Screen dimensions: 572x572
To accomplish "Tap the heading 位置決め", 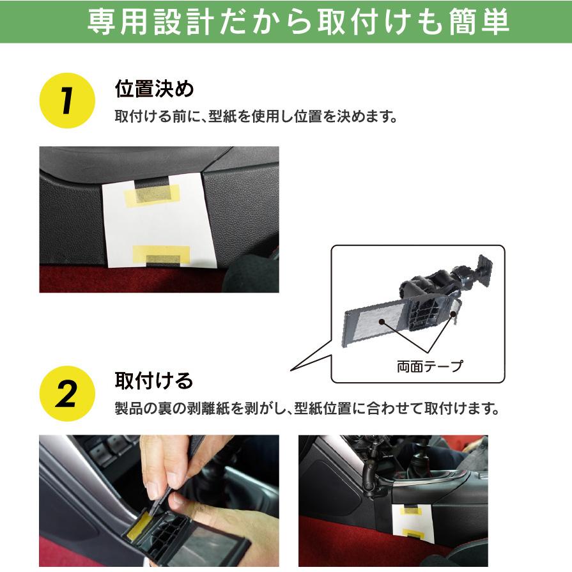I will pyautogui.click(x=153, y=89).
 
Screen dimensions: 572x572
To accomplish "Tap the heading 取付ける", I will pyautogui.click(x=153, y=381).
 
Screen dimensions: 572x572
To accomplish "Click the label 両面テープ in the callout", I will pyautogui.click(x=429, y=366).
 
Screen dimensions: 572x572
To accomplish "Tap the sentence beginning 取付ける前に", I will pyautogui.click(x=256, y=118).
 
